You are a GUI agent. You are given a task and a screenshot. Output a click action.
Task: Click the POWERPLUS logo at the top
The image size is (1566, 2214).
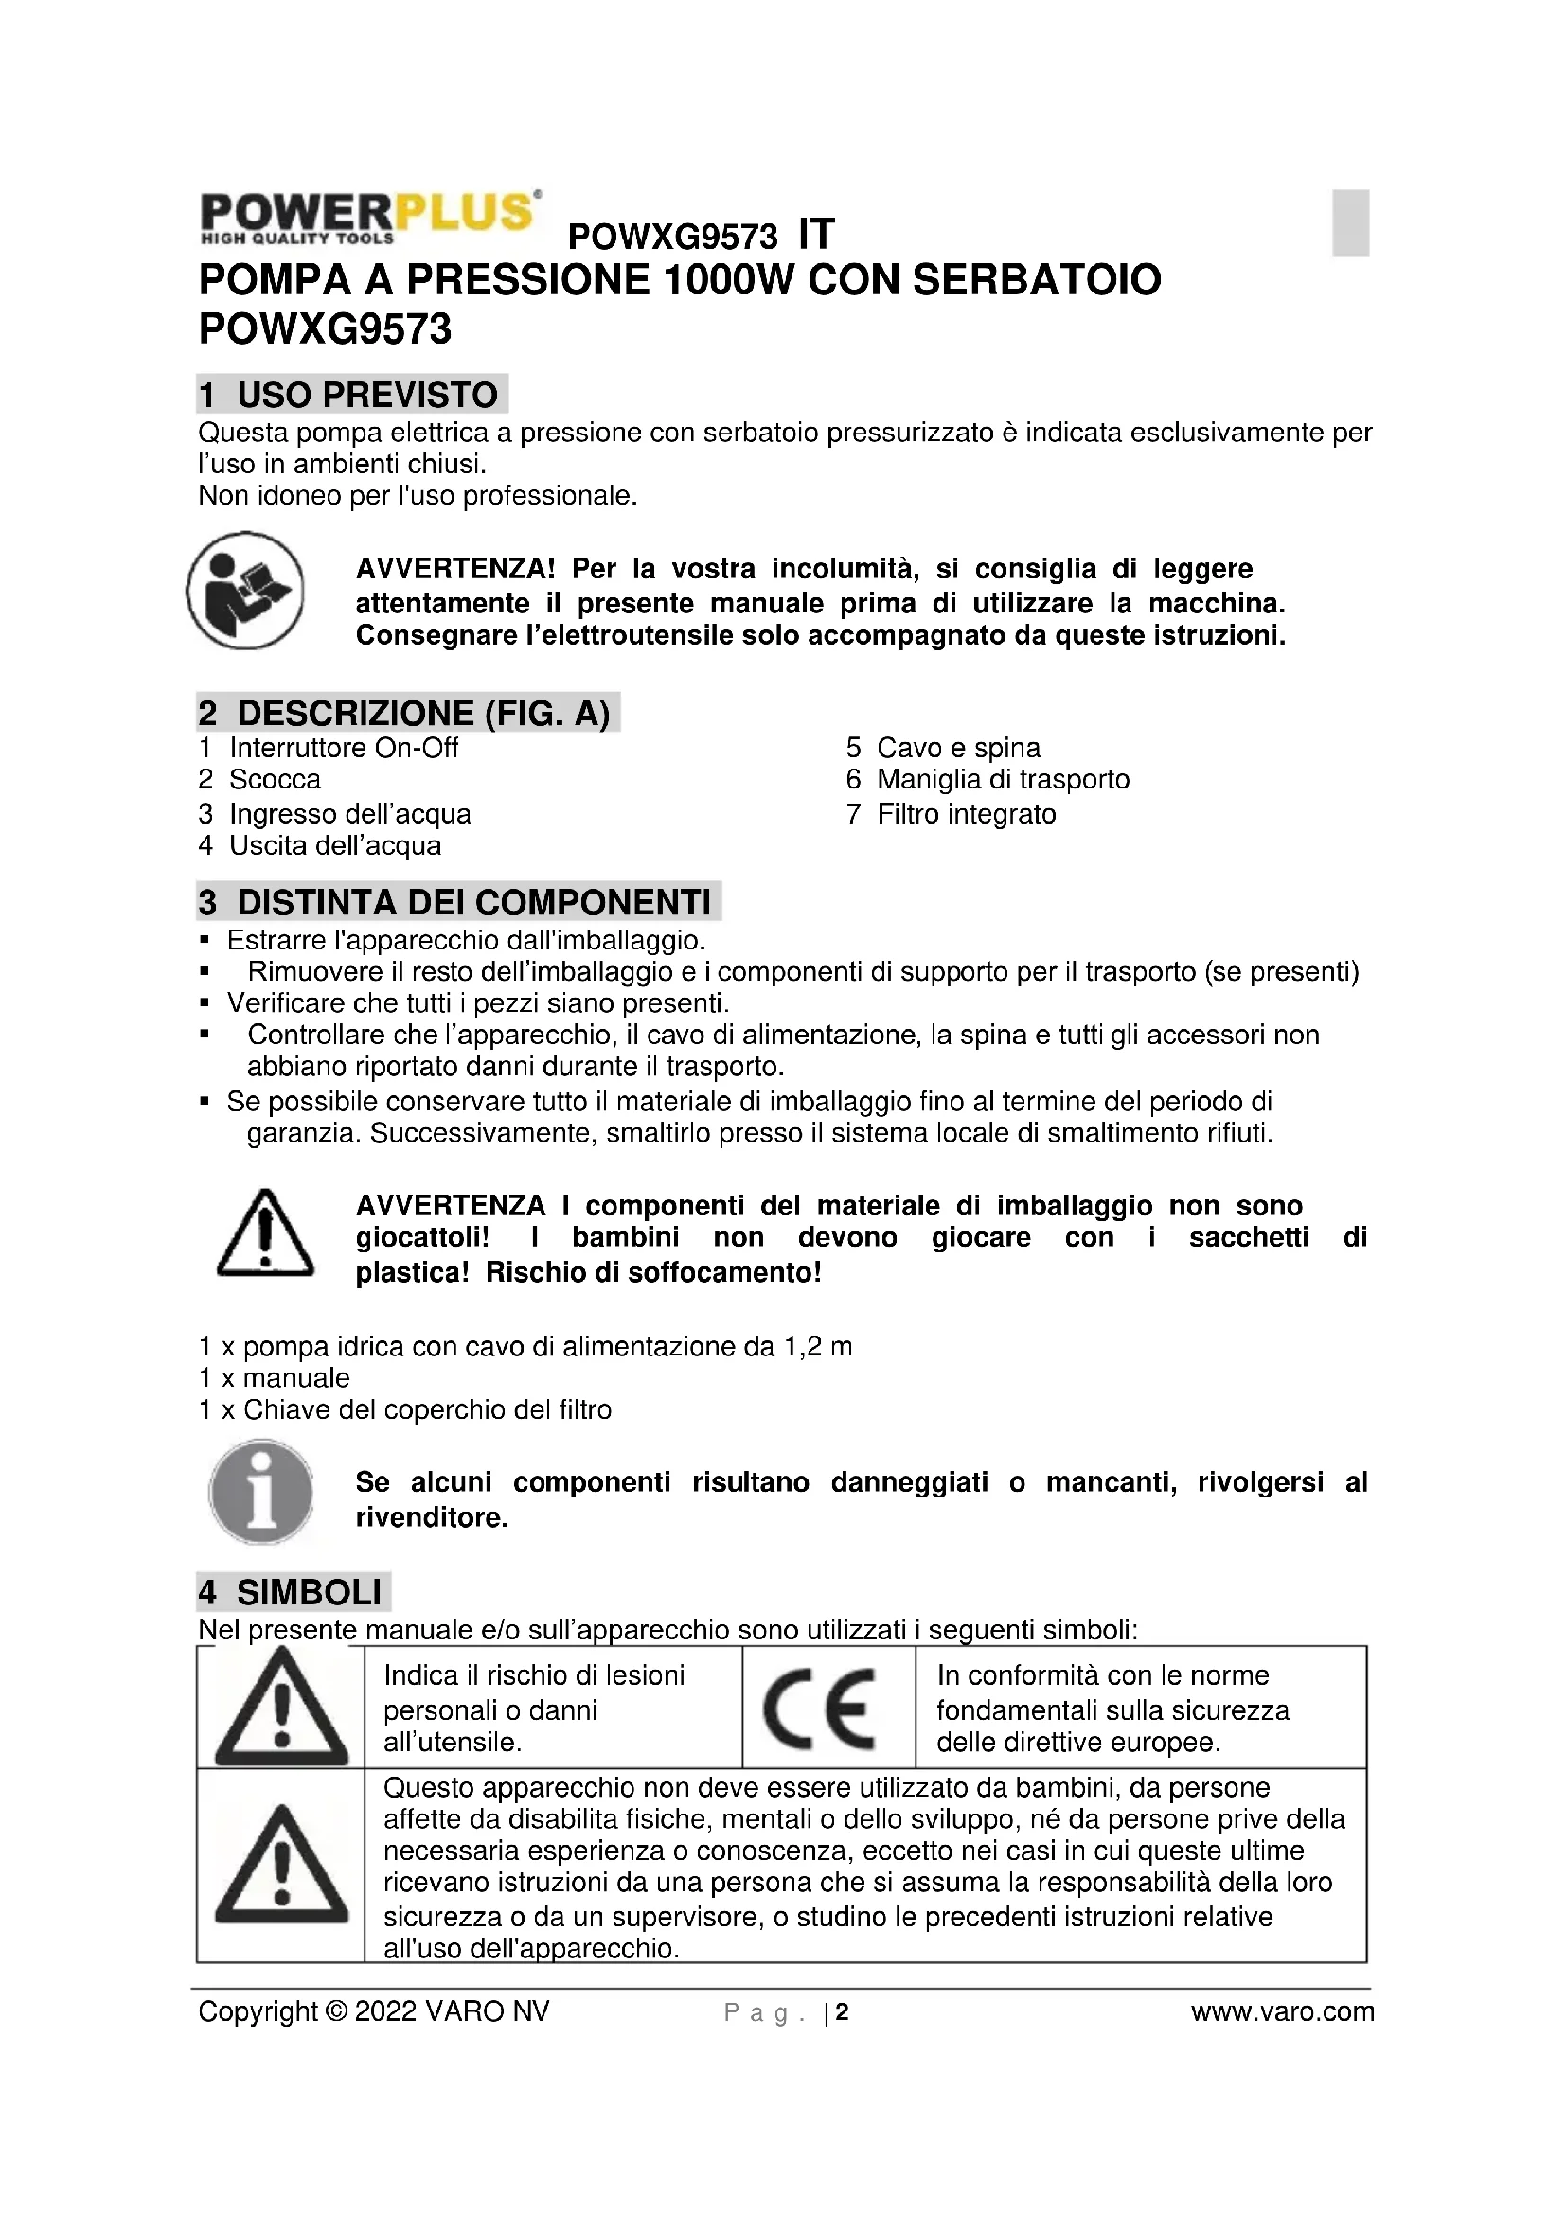tap(367, 216)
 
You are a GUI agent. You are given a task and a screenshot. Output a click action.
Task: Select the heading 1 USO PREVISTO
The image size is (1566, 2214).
tap(351, 395)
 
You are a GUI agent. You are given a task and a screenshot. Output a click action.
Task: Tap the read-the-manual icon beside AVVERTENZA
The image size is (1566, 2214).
tap(245, 590)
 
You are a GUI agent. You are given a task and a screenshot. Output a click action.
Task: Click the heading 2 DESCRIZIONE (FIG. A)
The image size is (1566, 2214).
tap(407, 713)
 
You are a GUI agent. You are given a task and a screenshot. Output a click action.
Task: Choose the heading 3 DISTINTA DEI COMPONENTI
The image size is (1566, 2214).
tap(458, 902)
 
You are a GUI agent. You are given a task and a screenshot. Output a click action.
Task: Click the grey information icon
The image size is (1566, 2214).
tap(260, 1492)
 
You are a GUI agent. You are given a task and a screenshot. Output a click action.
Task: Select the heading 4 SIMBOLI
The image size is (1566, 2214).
tap(294, 1592)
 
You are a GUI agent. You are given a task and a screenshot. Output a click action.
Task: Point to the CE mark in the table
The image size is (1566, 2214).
tap(820, 1709)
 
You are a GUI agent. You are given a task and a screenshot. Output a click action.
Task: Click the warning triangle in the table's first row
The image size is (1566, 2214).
tap(280, 1708)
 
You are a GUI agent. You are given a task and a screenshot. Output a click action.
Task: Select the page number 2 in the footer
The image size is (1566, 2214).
tap(842, 2011)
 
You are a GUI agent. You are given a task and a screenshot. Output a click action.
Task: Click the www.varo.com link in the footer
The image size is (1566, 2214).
tap(1282, 2011)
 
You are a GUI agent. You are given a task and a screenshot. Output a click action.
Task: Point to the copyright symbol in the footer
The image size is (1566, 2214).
tap(335, 2011)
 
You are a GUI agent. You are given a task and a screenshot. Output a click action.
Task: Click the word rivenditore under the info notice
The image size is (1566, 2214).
tap(431, 1517)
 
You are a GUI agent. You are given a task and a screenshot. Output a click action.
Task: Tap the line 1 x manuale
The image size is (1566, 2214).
tap(274, 1378)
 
